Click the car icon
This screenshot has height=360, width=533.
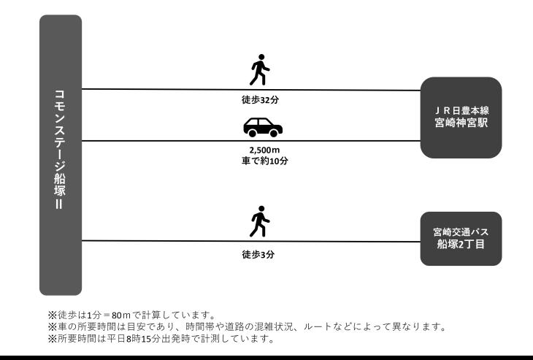(x=263, y=127)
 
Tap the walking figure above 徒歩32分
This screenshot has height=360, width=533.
(x=259, y=71)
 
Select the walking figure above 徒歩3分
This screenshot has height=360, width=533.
(x=259, y=221)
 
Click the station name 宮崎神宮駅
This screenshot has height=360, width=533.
(x=461, y=124)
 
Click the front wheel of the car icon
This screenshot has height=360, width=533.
(x=274, y=133)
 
